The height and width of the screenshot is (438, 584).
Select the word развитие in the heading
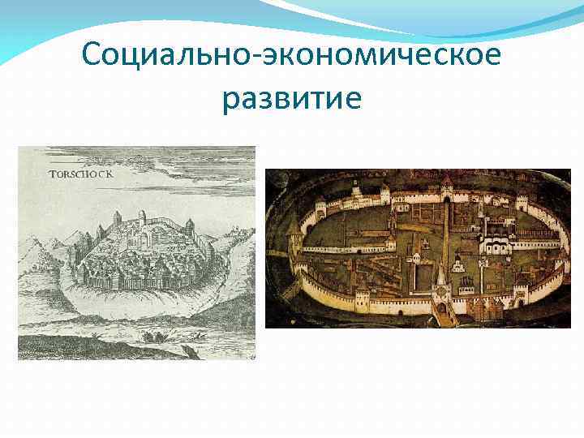pyautogui.click(x=291, y=100)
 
